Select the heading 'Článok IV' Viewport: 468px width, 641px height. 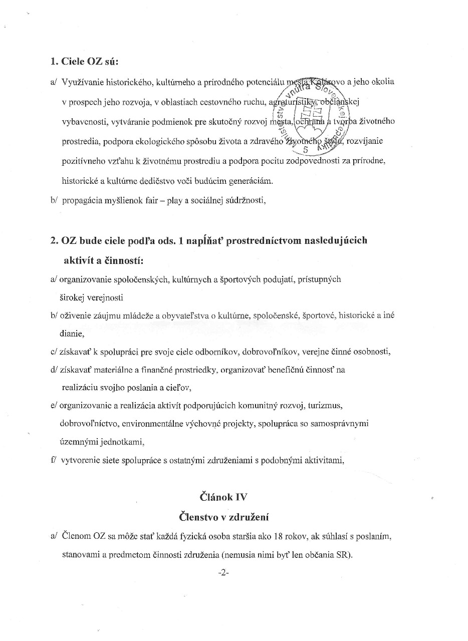click(x=223, y=497)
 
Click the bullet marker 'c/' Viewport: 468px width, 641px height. click(x=54, y=352)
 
